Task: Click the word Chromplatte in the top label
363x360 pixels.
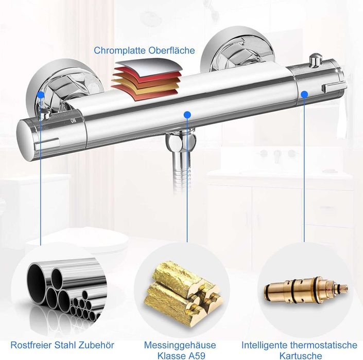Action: tap(119, 50)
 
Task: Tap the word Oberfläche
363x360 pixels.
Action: tap(171, 50)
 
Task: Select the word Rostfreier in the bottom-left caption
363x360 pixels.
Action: tap(30, 345)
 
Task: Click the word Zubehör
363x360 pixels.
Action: tap(96, 345)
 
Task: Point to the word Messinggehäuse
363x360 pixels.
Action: tap(180, 345)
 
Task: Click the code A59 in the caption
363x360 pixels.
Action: tap(196, 355)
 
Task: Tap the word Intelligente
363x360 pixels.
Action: tap(264, 345)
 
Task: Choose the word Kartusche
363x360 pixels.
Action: tap(301, 355)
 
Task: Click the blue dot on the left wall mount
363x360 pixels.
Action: tap(41, 95)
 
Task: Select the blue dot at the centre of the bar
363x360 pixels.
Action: tap(187, 115)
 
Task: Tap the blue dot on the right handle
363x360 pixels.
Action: tap(304, 94)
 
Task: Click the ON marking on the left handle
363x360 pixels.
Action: tap(74, 121)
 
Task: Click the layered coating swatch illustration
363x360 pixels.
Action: tap(147, 79)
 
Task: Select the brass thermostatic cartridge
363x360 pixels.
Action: tap(306, 290)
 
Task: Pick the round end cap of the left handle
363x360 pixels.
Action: tap(26, 140)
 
